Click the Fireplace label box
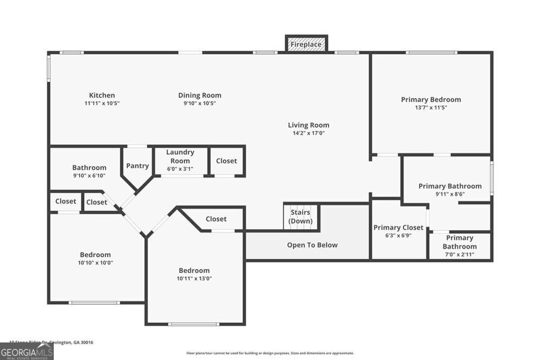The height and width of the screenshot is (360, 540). (x=306, y=44)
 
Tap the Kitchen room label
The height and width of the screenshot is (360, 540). (x=102, y=95)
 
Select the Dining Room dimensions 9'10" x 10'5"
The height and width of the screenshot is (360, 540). (x=199, y=103)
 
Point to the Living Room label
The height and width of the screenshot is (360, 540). (x=308, y=125)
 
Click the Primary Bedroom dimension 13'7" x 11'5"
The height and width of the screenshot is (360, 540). (x=430, y=108)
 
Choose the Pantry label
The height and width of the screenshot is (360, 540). (x=137, y=166)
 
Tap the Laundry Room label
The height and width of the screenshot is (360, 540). (x=180, y=157)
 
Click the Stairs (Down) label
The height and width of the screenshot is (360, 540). (x=301, y=217)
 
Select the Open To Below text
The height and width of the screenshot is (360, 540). (x=312, y=245)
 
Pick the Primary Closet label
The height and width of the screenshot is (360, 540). (x=398, y=228)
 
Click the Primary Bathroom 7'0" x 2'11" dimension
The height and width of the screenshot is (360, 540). (x=459, y=255)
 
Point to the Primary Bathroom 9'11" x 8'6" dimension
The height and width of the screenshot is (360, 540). (x=450, y=194)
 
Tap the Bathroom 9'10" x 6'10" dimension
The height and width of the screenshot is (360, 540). (x=89, y=176)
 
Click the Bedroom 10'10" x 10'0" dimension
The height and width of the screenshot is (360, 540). (x=95, y=262)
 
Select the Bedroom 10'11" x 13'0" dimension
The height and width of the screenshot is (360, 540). (x=194, y=278)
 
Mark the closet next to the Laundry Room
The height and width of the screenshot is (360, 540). (x=226, y=161)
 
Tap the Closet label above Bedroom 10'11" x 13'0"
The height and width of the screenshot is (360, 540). (x=216, y=219)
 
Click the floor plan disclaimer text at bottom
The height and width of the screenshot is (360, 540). (x=270, y=353)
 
